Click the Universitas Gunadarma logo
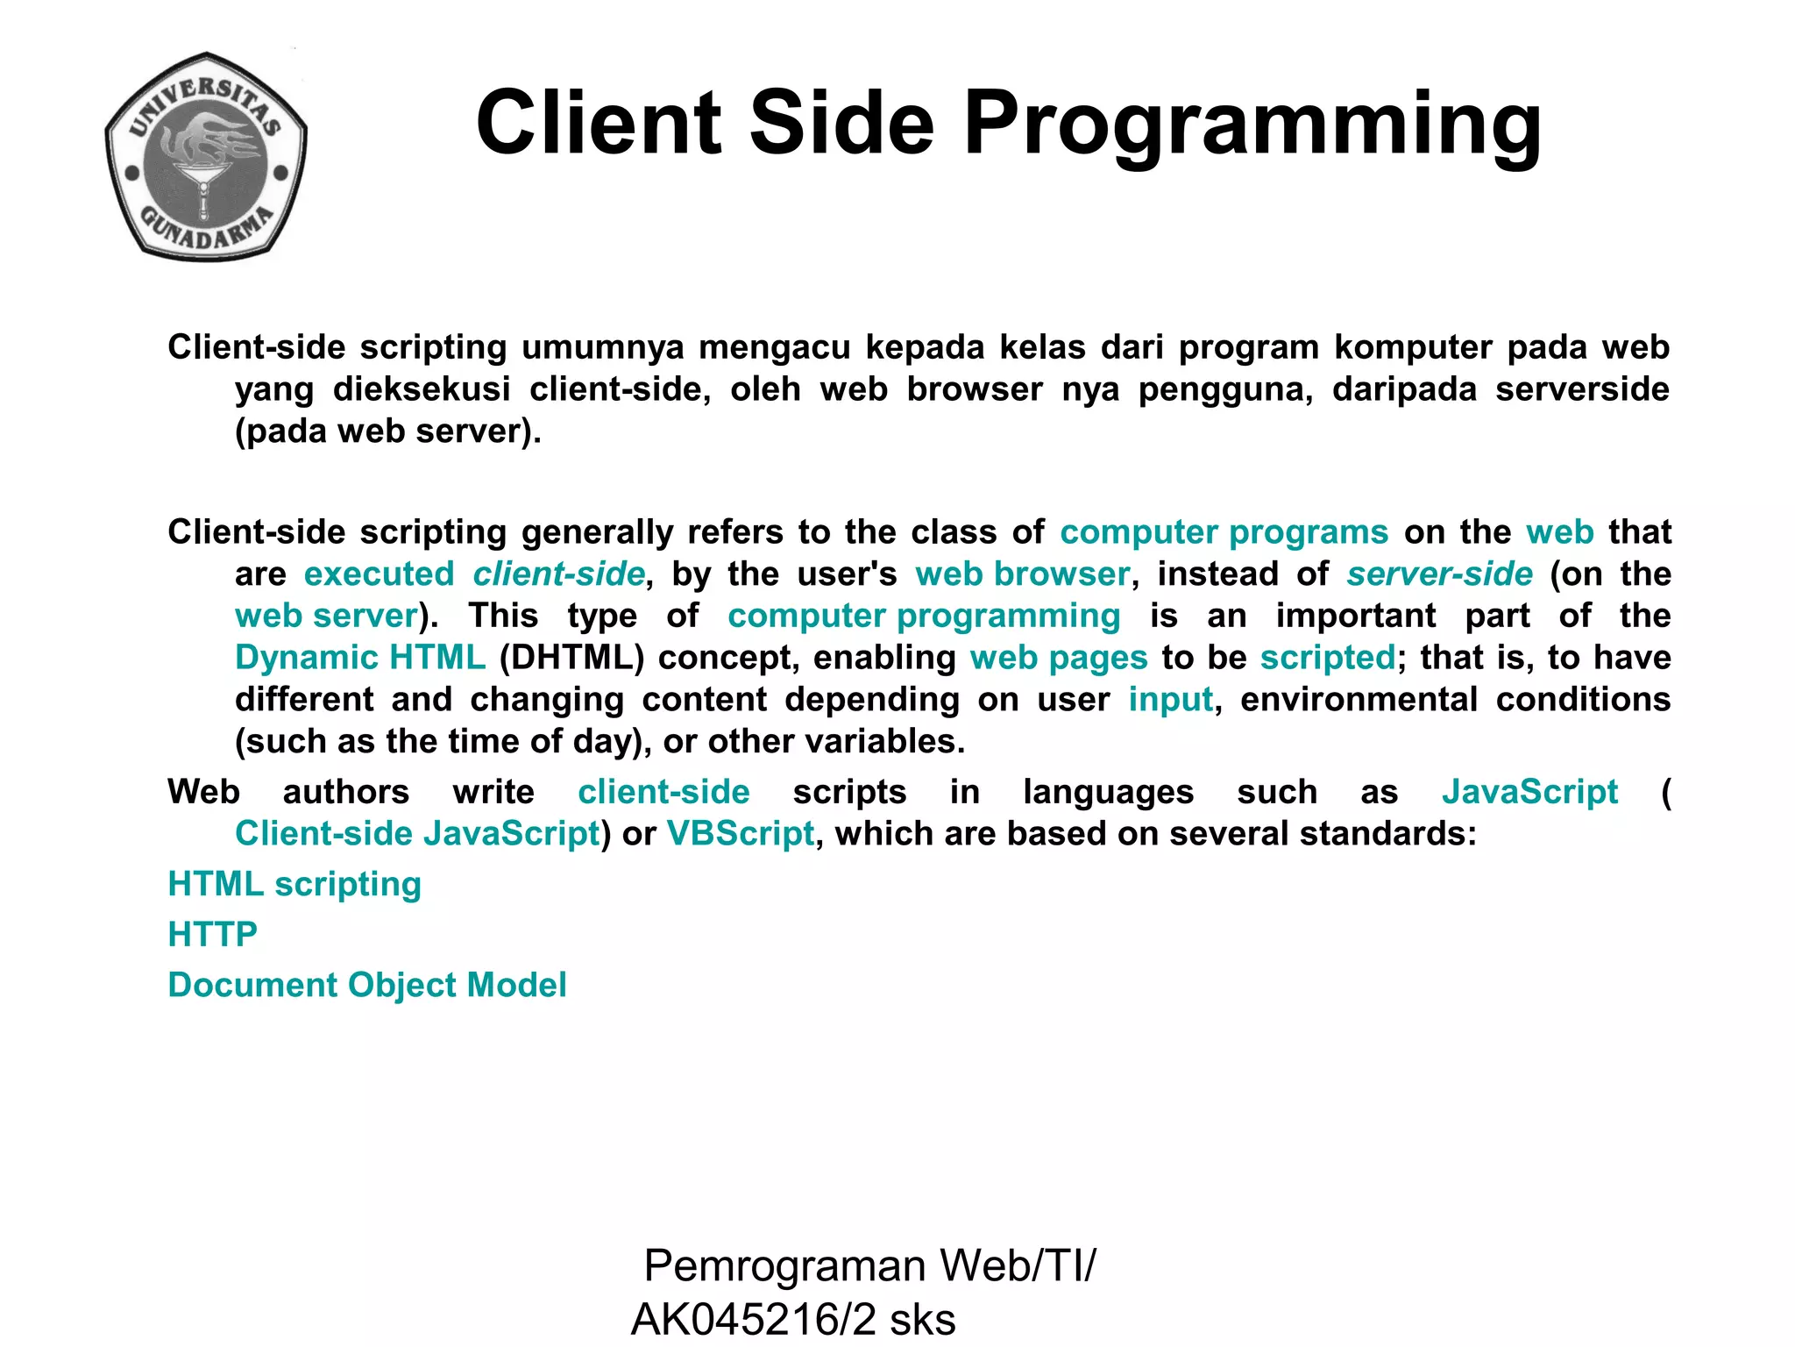206,156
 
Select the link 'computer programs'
1224,532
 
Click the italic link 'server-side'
1439,574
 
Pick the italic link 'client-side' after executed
559,574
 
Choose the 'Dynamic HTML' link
360,658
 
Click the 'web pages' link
1058,658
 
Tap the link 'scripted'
1327,658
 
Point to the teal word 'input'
1170,700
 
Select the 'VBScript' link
741,834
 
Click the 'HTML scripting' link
294,884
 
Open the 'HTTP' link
212,935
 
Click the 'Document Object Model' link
367,985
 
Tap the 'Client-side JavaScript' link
417,834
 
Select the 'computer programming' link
924,616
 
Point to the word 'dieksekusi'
422,389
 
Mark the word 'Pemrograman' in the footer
784,1266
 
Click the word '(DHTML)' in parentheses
571,658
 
